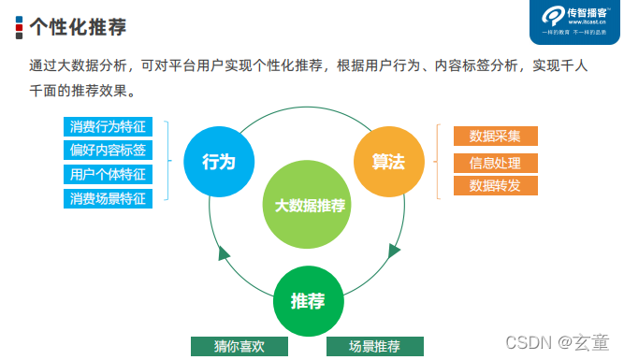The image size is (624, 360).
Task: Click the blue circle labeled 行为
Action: pyautogui.click(x=218, y=161)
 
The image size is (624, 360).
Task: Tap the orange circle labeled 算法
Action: pyautogui.click(x=381, y=161)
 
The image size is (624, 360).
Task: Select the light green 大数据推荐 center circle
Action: pyautogui.click(x=310, y=205)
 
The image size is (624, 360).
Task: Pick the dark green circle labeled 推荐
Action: pyautogui.click(x=308, y=301)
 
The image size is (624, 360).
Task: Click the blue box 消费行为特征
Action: pyautogui.click(x=108, y=127)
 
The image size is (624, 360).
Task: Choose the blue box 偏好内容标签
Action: pyautogui.click(x=108, y=151)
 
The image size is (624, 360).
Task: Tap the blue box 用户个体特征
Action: pyautogui.click(x=108, y=174)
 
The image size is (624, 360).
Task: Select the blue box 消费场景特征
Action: pyautogui.click(x=108, y=197)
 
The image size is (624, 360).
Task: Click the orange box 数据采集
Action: pyautogui.click(x=495, y=137)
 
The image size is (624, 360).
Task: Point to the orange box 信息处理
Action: pyautogui.click(x=495, y=163)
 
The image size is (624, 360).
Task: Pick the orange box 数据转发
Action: pyautogui.click(x=495, y=185)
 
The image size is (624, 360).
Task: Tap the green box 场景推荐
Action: pyautogui.click(x=374, y=346)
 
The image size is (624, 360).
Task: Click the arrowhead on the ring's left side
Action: pyautogui.click(x=224, y=253)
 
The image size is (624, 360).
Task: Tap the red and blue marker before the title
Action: pyautogui.click(x=19, y=27)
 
